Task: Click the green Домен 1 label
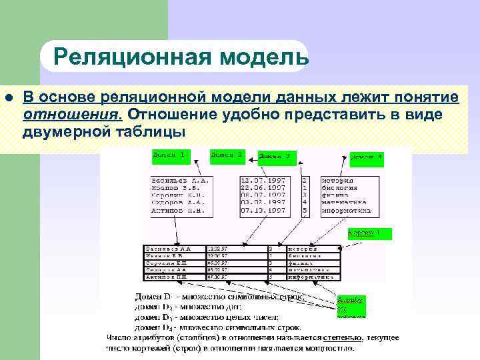pos(169,155)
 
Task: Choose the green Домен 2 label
pos(227,155)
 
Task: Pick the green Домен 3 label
pos(274,156)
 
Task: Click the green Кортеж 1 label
pos(369,233)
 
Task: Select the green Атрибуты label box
pos(351,306)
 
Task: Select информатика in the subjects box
pos(346,210)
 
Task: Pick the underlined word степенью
pos(344,337)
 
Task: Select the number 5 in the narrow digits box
pos(305,210)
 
